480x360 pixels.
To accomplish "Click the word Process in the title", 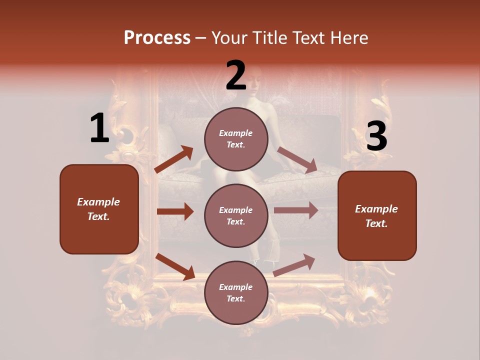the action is (157, 37).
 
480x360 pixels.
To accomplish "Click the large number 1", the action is (99, 128).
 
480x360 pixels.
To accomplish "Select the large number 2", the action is (236, 75).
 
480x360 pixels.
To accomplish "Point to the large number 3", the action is (376, 136).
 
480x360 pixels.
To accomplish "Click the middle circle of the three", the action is (236, 215).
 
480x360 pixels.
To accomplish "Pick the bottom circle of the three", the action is (236, 292).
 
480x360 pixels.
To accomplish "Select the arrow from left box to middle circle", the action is (175, 211).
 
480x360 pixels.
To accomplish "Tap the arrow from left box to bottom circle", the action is (175, 266).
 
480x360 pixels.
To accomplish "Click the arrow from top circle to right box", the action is (297, 159).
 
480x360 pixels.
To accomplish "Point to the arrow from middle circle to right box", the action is (296, 210).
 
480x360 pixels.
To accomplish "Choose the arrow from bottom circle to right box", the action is (294, 265).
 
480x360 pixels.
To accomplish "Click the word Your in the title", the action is (229, 37).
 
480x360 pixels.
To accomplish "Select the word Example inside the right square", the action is (376, 209).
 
